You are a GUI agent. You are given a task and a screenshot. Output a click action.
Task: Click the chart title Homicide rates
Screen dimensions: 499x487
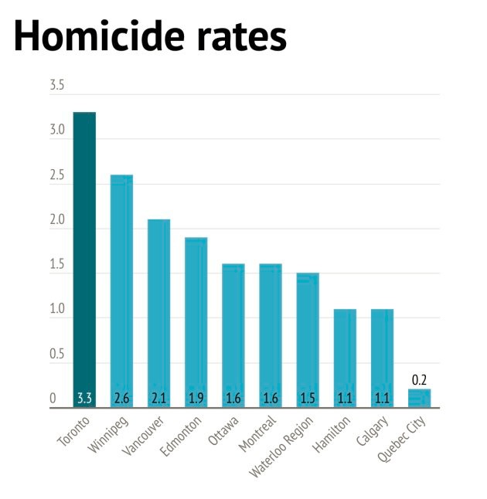pyautogui.click(x=150, y=36)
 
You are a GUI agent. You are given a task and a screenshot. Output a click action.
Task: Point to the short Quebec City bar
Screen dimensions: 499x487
pyautogui.click(x=419, y=397)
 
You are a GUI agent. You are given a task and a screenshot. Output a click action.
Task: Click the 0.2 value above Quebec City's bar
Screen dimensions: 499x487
pyautogui.click(x=419, y=380)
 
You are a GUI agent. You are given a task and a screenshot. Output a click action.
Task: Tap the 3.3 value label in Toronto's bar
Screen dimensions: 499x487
pyautogui.click(x=84, y=399)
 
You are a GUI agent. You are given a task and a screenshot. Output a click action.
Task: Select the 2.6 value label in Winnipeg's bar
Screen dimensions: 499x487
pyautogui.click(x=121, y=399)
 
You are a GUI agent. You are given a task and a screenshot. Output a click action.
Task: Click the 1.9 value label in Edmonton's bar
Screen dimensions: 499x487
pyautogui.click(x=196, y=399)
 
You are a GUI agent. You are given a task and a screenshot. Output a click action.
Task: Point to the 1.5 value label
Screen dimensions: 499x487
pyautogui.click(x=308, y=399)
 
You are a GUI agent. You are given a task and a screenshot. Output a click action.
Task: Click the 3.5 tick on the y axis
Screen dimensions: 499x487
pyautogui.click(x=57, y=85)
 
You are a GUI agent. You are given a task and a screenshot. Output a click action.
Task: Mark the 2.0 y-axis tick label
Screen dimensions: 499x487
pyautogui.click(x=57, y=220)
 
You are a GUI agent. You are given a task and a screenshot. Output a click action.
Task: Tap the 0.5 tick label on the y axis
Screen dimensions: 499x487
pyautogui.click(x=57, y=355)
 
